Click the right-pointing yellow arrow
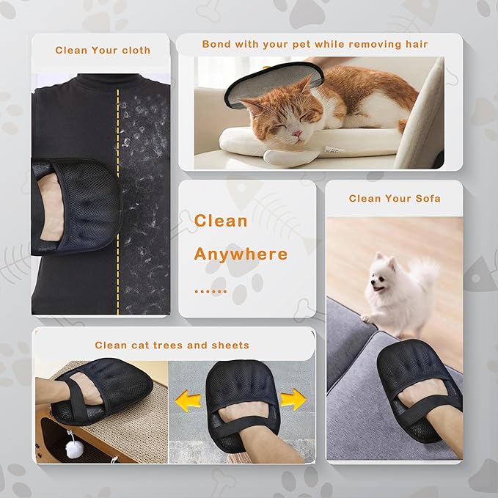[293, 399]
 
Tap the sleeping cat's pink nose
[297, 133]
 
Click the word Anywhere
[241, 254]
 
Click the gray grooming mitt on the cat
[274, 83]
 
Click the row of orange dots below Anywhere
[210, 291]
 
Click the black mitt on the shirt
[76, 206]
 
